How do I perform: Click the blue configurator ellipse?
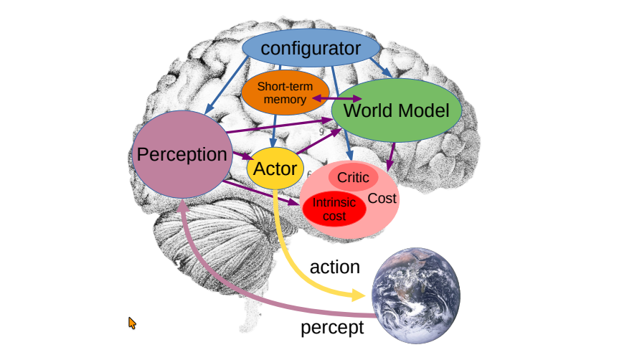tap(311, 49)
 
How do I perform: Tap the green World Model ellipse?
tap(395, 110)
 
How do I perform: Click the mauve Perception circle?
tap(181, 154)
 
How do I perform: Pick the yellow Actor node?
tap(275, 169)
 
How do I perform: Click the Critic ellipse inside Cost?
tap(353, 177)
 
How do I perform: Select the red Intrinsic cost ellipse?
tap(334, 209)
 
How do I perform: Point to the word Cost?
tap(382, 199)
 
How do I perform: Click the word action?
tap(334, 267)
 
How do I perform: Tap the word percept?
tap(332, 328)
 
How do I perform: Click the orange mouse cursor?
tap(132, 323)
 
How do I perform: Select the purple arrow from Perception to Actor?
tap(240, 154)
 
